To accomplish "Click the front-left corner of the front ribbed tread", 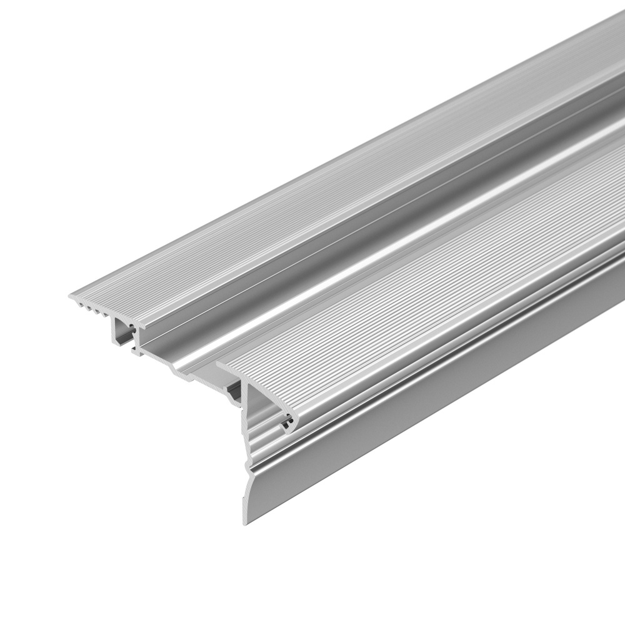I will tap(219, 364).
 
